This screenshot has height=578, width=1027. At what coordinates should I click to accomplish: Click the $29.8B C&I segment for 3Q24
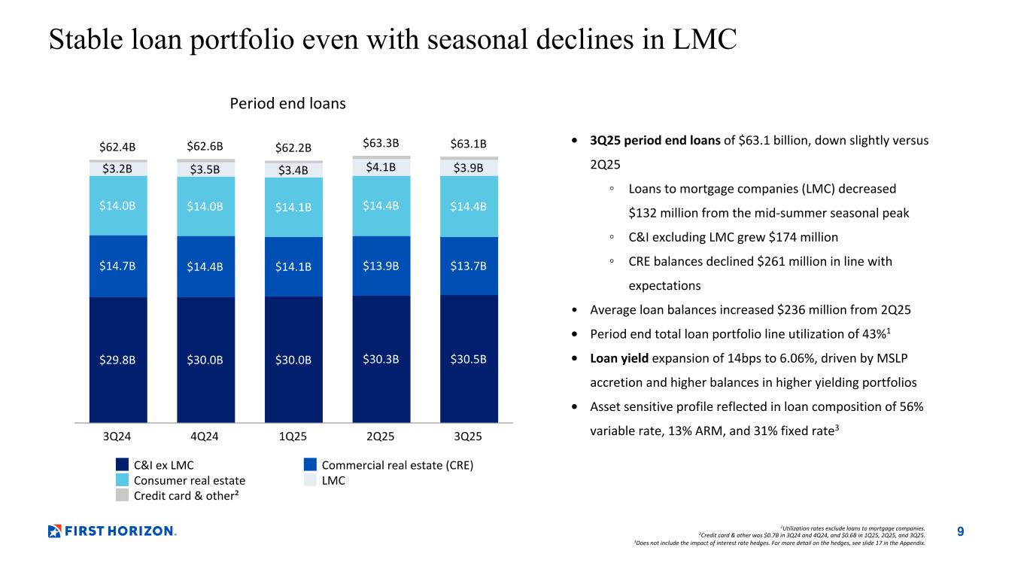click(118, 359)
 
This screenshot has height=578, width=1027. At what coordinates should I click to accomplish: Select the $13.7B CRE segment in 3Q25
click(469, 266)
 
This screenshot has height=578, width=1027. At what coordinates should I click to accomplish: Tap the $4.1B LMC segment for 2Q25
click(381, 167)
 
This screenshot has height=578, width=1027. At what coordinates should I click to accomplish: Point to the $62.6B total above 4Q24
click(205, 146)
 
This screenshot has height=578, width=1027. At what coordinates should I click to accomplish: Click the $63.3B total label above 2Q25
click(381, 143)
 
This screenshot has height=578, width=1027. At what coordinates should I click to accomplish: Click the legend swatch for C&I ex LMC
click(123, 465)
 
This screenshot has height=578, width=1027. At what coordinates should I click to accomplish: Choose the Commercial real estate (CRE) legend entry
click(397, 465)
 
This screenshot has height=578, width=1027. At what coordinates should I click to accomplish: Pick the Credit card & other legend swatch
click(123, 495)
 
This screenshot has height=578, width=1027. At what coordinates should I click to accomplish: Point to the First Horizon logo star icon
click(55, 531)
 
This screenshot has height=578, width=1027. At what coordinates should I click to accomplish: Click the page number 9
click(960, 532)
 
